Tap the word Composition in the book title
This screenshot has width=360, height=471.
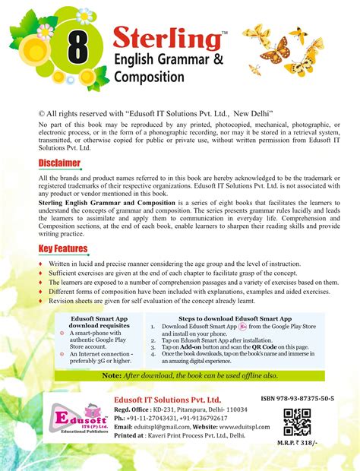click(x=154, y=77)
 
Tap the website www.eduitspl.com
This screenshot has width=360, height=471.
click(x=228, y=427)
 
